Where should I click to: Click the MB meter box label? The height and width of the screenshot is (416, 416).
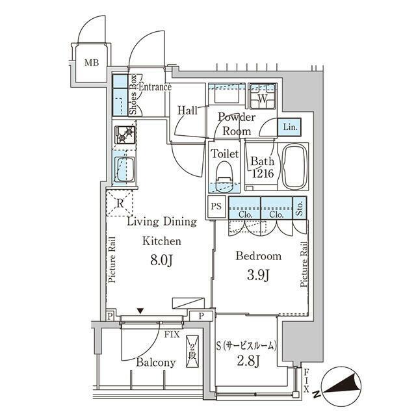click(x=92, y=62)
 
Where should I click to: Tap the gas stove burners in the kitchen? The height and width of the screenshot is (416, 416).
click(x=125, y=135)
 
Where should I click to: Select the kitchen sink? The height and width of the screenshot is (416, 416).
click(x=125, y=170)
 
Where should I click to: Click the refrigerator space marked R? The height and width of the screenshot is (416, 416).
click(x=120, y=203)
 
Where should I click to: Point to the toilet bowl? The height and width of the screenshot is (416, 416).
click(x=224, y=175)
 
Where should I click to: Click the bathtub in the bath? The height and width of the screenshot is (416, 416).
click(x=294, y=166)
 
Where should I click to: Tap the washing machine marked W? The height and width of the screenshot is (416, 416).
click(x=262, y=96)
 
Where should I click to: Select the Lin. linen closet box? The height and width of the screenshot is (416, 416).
click(x=289, y=127)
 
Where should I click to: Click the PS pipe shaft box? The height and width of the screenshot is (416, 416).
click(x=216, y=206)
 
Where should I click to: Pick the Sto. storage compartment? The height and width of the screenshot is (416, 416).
click(x=300, y=208)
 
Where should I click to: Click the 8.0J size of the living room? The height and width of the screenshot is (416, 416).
click(x=162, y=261)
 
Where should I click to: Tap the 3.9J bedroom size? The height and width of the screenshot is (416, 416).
click(x=259, y=276)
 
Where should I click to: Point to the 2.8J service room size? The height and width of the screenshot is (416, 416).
click(x=248, y=361)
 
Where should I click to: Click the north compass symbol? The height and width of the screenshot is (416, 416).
click(x=341, y=387)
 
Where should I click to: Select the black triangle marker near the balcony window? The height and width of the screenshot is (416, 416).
click(x=140, y=311)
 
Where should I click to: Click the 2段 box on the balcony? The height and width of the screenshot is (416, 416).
click(x=192, y=352)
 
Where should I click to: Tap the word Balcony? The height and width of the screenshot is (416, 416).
click(x=156, y=363)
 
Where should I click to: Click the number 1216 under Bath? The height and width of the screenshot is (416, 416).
click(x=263, y=174)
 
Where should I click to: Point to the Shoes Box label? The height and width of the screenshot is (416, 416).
click(x=133, y=95)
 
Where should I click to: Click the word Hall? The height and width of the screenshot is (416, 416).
click(x=187, y=110)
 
